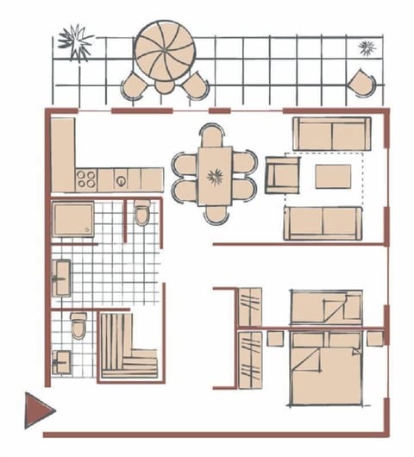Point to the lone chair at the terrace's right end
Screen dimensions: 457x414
click(361, 82)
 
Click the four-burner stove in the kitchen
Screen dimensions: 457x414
click(86, 179)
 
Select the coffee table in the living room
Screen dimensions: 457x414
click(334, 177)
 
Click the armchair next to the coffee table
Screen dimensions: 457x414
click(281, 175)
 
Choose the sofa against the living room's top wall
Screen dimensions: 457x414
click(331, 133)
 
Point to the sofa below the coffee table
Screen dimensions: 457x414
click(322, 222)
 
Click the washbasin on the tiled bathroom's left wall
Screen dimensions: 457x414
click(62, 279)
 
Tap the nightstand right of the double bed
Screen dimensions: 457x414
click(375, 339)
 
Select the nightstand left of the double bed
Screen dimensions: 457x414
click(275, 339)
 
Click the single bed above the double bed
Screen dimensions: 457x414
click(325, 307)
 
